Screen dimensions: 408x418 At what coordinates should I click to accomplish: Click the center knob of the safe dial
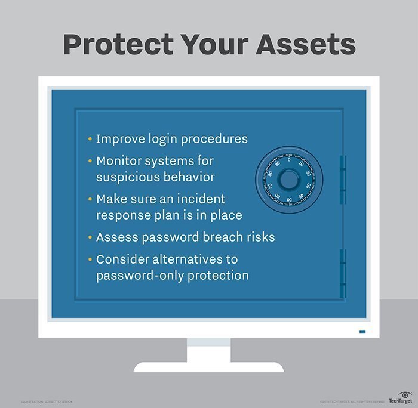(289, 180)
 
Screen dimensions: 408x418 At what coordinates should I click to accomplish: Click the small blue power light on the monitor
(362, 332)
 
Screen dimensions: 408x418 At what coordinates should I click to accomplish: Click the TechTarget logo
(398, 397)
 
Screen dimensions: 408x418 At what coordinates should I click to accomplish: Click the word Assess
(115, 237)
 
